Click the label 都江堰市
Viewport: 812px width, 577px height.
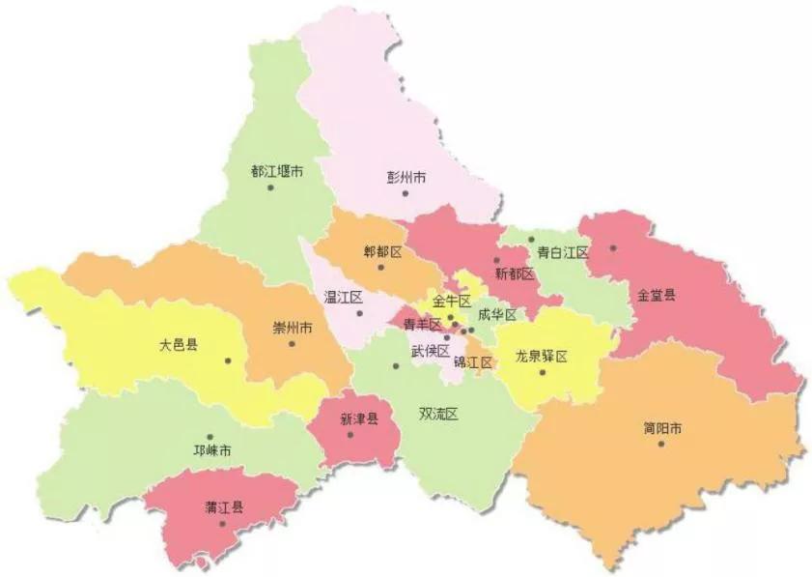tap(277, 171)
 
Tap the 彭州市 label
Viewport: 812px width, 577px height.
tap(406, 178)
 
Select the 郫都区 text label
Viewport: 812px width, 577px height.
tap(381, 251)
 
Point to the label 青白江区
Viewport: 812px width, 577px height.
tap(563, 252)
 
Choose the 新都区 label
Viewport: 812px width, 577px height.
tap(514, 274)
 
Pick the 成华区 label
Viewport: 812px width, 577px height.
tap(496, 314)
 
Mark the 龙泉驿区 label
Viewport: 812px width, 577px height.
tap(541, 356)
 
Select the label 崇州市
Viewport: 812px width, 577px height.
tap(292, 328)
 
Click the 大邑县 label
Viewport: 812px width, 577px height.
tap(179, 344)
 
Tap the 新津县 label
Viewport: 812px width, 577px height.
tap(358, 419)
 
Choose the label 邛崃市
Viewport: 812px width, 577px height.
tap(211, 451)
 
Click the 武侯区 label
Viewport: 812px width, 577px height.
tap(430, 350)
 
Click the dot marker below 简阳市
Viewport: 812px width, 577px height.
tap(661, 444)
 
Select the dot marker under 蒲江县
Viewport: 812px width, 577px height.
tap(222, 524)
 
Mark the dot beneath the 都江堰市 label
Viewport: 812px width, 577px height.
tap(270, 188)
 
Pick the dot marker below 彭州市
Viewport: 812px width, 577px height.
tap(406, 193)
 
